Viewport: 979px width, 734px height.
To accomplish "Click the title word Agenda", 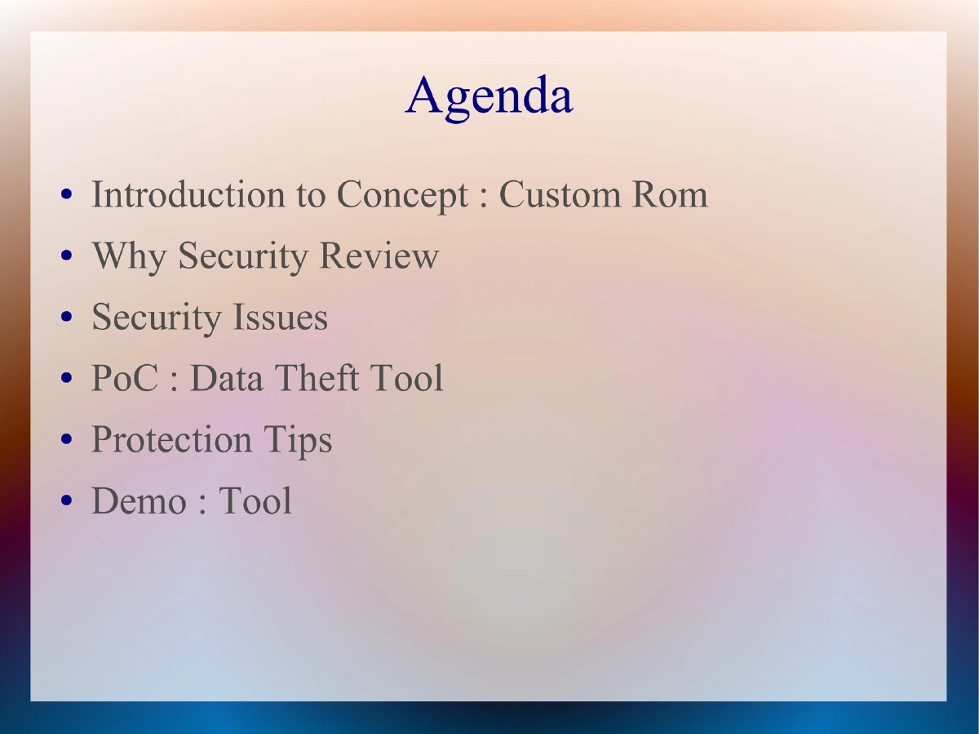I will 489,96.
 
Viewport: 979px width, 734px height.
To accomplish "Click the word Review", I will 379,256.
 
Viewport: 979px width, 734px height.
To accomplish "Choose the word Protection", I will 171,440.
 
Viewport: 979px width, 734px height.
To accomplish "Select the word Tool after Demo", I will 255,501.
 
